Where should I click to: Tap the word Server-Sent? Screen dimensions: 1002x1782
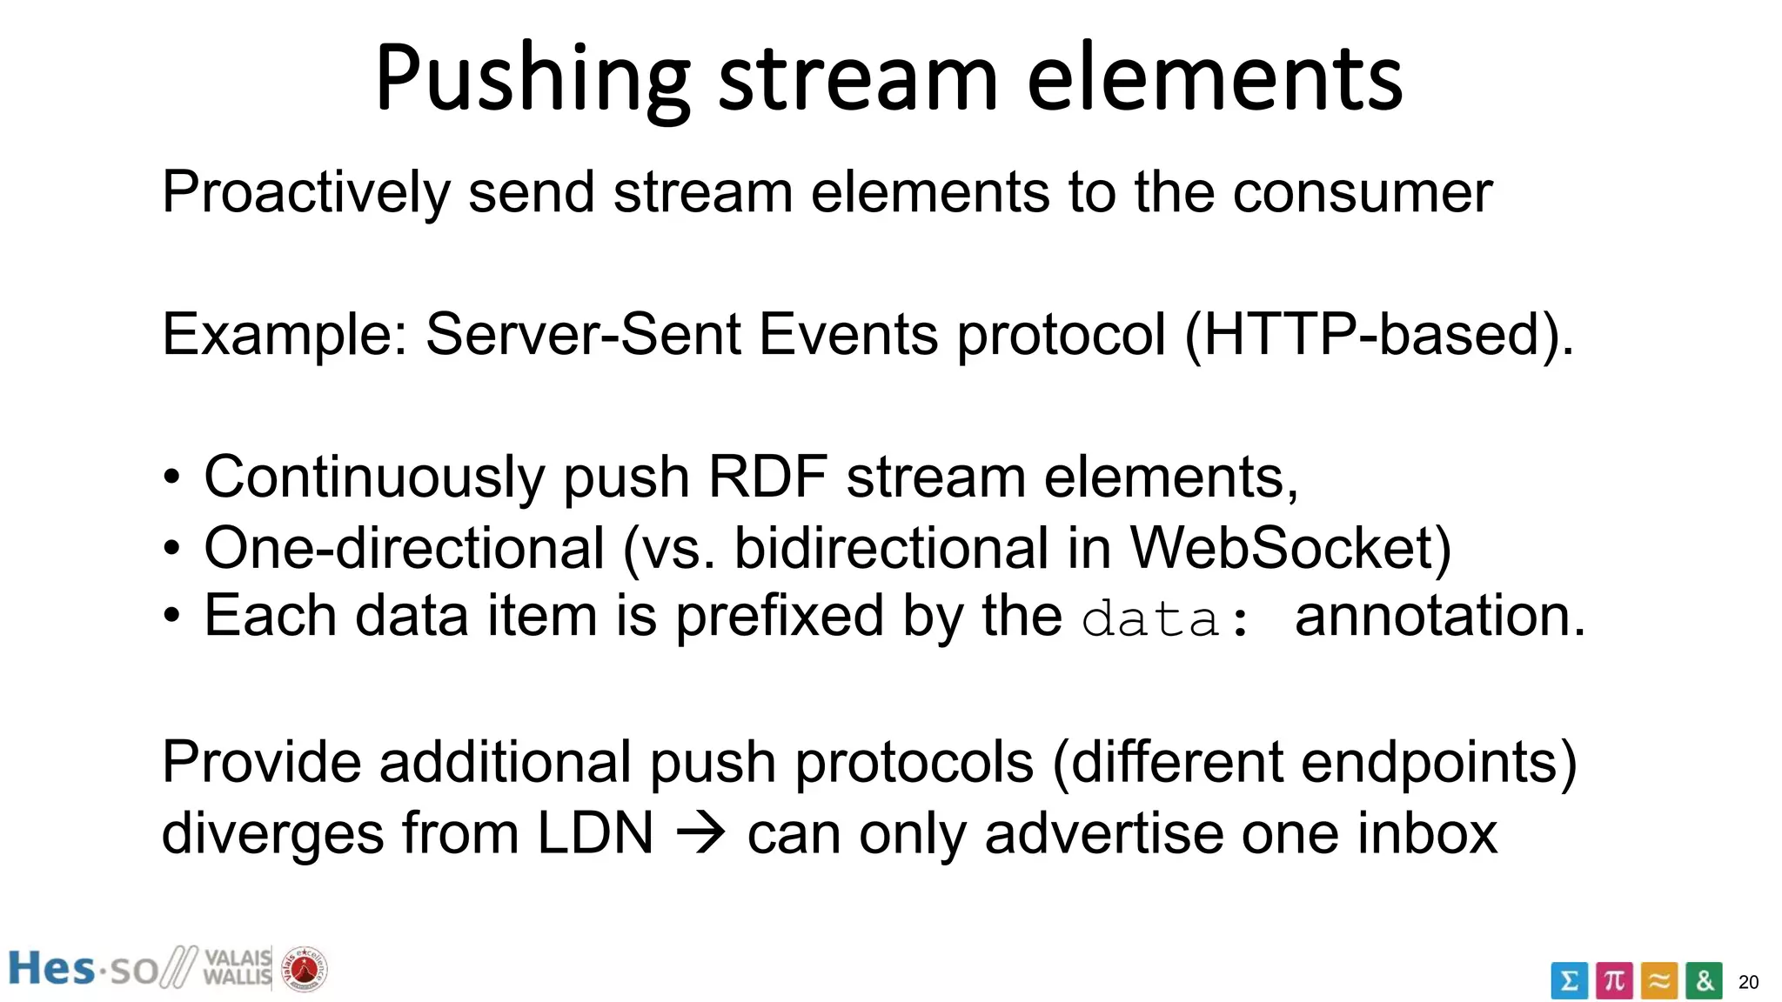pyautogui.click(x=583, y=335)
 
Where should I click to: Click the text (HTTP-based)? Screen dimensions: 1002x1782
pyautogui.click(x=1379, y=335)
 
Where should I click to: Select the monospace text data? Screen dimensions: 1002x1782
pyautogui.click(x=1166, y=619)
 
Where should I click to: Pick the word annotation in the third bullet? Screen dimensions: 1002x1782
pyautogui.click(x=1440, y=617)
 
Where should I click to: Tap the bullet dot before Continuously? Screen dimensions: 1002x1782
pyautogui.click(x=172, y=478)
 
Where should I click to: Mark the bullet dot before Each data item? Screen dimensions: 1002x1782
pyautogui.click(x=172, y=617)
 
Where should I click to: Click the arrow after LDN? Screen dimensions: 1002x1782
pyautogui.click(x=701, y=833)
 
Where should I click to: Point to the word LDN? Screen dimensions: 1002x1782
pyautogui.click(x=595, y=833)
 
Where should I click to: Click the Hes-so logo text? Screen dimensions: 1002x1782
pyautogui.click(x=83, y=969)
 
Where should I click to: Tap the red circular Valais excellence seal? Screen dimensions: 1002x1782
pyautogui.click(x=305, y=969)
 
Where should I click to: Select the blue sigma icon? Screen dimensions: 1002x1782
pyautogui.click(x=1569, y=981)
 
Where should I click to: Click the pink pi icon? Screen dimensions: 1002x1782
pyautogui.click(x=1614, y=981)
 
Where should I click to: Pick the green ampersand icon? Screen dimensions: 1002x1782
pyautogui.click(x=1704, y=981)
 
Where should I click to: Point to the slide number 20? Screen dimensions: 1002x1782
pyautogui.click(x=1748, y=983)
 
